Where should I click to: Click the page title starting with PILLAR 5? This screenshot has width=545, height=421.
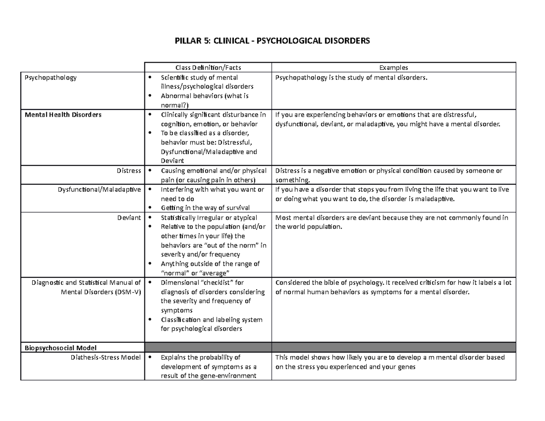pos(272,41)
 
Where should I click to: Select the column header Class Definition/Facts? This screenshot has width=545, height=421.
pos(208,68)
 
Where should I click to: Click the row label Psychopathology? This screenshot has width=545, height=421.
pos(50,78)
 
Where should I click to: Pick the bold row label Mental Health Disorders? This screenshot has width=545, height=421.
pos(61,115)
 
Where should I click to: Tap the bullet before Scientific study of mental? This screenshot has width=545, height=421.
pos(150,78)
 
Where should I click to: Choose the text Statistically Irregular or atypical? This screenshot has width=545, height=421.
pos(209,218)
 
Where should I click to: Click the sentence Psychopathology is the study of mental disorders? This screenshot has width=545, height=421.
pos(352,78)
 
